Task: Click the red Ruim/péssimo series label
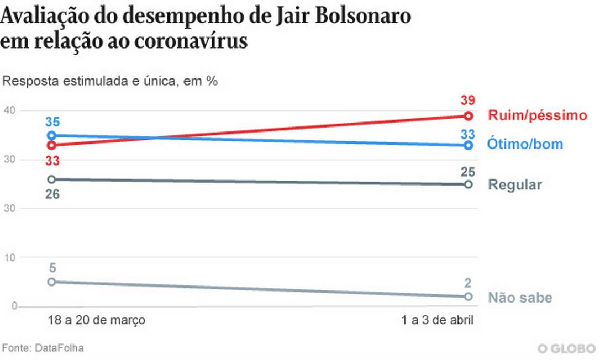(536, 115)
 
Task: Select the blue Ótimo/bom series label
(525, 145)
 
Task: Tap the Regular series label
(515, 184)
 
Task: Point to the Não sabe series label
(520, 298)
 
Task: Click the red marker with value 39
(468, 116)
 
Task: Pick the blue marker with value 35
(51, 135)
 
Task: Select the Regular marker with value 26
(51, 179)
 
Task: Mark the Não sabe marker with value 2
(468, 297)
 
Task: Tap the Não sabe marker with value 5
(51, 282)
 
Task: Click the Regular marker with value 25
(468, 184)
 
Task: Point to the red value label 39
(468, 100)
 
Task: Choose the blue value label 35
(52, 121)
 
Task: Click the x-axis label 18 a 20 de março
(96, 320)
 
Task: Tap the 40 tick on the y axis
(9, 111)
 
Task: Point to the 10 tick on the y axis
(9, 257)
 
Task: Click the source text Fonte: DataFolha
(43, 348)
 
